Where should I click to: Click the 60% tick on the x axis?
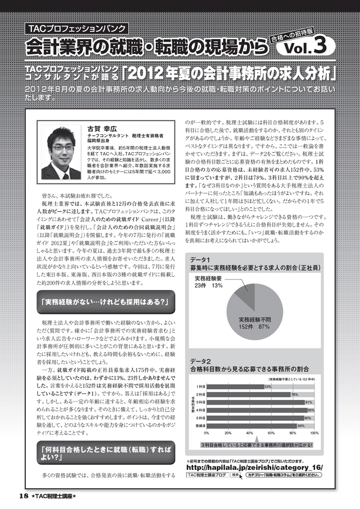(271, 433)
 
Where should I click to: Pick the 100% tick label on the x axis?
(314, 433)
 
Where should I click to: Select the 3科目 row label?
(200, 402)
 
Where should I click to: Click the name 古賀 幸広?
(102, 129)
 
